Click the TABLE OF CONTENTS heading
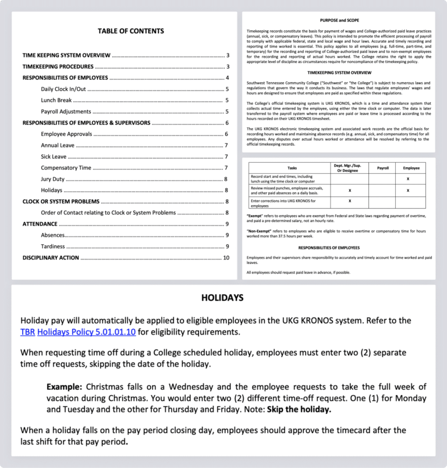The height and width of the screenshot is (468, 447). point(130,31)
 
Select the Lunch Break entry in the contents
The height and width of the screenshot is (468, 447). point(56,100)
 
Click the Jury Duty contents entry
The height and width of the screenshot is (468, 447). point(53,179)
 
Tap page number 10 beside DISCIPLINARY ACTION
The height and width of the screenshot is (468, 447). point(226,258)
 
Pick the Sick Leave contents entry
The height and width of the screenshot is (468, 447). point(54,157)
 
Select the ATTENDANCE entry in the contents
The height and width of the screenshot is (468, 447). point(40,224)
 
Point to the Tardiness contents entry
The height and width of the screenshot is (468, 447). point(53,247)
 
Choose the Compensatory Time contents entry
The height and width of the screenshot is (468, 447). point(66,168)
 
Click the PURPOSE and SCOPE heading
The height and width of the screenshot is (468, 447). point(339,20)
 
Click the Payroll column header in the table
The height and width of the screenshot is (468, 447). point(383,168)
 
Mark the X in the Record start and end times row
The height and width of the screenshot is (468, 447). point(408,179)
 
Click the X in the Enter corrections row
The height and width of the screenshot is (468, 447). point(349,201)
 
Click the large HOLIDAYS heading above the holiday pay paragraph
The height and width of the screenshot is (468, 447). point(222,298)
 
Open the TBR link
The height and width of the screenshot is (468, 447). point(27,332)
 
